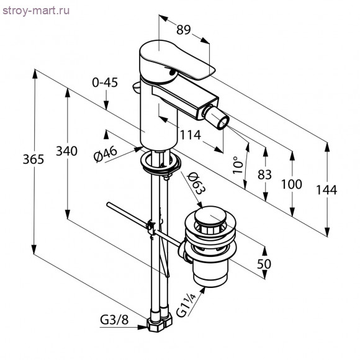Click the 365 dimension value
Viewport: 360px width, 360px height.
click(x=34, y=159)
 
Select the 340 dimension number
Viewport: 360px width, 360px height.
click(x=66, y=151)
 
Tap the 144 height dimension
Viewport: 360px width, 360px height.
click(x=326, y=190)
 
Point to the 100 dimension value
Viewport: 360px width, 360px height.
click(x=292, y=184)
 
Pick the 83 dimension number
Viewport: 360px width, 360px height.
click(x=264, y=174)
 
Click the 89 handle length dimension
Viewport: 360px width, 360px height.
click(x=184, y=30)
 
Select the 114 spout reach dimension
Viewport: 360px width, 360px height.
click(x=191, y=135)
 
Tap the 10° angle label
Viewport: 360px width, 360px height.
click(x=238, y=165)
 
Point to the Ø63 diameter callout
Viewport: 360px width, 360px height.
click(x=196, y=184)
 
